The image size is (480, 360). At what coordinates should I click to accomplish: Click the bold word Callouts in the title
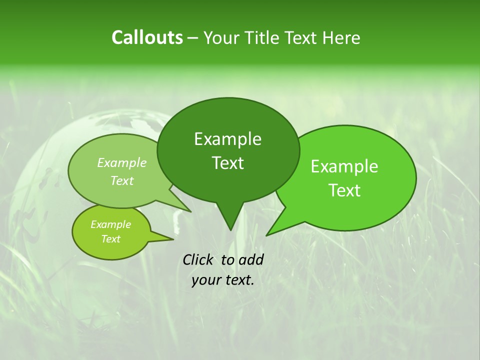pyautogui.click(x=147, y=37)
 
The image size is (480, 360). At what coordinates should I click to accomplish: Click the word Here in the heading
pyautogui.click(x=342, y=37)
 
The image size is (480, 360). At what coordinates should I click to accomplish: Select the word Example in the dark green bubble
pyautogui.click(x=227, y=139)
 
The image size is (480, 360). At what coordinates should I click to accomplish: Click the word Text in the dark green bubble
pyautogui.click(x=227, y=163)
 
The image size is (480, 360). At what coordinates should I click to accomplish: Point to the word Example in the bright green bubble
pyautogui.click(x=344, y=166)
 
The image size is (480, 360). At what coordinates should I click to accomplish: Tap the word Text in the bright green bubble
pyautogui.click(x=344, y=190)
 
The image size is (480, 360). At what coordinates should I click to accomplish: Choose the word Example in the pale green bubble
pyautogui.click(x=122, y=162)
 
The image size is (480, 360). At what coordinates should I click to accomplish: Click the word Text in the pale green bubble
pyautogui.click(x=122, y=180)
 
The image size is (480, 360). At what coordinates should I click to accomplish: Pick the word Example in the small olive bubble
pyautogui.click(x=110, y=224)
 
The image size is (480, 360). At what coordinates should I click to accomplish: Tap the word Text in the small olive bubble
pyautogui.click(x=110, y=239)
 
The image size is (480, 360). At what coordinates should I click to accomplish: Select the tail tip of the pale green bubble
pyautogui.click(x=190, y=211)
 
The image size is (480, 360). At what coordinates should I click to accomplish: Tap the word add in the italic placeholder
pyautogui.click(x=251, y=259)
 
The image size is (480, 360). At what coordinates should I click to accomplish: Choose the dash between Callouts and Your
pyautogui.click(x=193, y=37)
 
